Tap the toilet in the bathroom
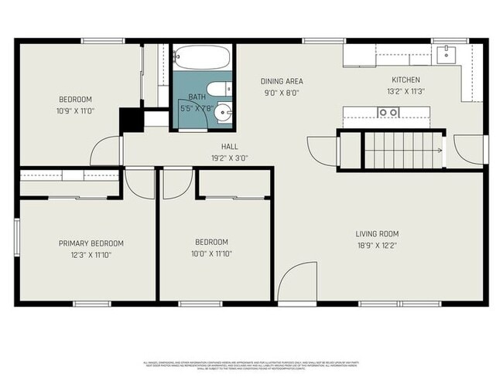point(218,87)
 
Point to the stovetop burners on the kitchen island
point(388,113)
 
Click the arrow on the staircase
point(438,151)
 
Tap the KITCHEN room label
point(405,80)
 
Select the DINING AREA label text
point(281,81)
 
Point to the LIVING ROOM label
point(377,234)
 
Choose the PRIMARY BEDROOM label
point(91,243)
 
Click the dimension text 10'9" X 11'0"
point(76,110)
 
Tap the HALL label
point(230,147)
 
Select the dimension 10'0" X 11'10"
point(211,253)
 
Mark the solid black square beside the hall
point(128,120)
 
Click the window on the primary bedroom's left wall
point(15,237)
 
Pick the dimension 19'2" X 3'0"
point(230,158)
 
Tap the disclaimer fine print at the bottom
point(251,364)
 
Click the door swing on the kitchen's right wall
point(468,148)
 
